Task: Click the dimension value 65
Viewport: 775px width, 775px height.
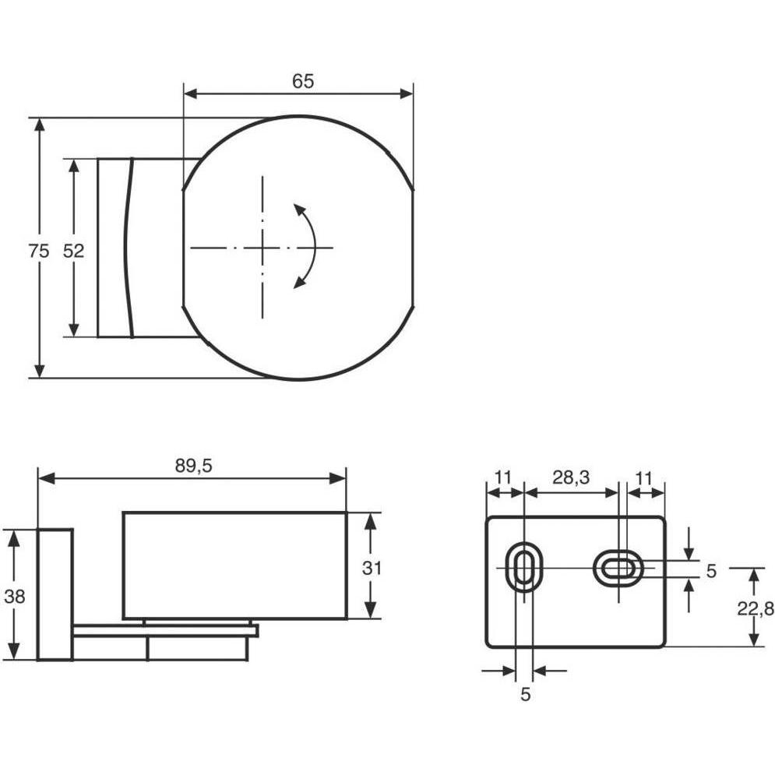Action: (302, 81)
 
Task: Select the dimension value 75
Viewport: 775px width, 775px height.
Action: (38, 251)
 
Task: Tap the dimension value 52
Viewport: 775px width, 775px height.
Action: (74, 251)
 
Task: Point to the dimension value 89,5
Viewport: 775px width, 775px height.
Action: (193, 466)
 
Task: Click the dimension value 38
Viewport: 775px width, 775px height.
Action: (14, 597)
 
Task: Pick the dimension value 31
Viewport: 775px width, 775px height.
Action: (372, 569)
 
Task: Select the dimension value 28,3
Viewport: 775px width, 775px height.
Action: (571, 477)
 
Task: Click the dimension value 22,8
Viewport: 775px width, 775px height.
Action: (756, 609)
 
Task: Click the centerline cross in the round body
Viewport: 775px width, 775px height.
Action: (262, 247)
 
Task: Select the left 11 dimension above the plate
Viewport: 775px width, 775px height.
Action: (502, 478)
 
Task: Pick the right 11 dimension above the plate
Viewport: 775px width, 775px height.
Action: (643, 478)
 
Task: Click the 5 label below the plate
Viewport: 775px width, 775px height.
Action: (526, 695)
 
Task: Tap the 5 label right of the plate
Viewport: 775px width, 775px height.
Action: (711, 571)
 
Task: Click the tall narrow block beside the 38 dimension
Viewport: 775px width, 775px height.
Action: (55, 594)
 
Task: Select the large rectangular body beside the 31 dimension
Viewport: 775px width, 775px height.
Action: (234, 565)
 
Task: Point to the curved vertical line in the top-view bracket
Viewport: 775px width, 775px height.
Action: (128, 247)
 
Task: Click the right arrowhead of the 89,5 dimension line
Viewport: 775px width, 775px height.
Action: (339, 478)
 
